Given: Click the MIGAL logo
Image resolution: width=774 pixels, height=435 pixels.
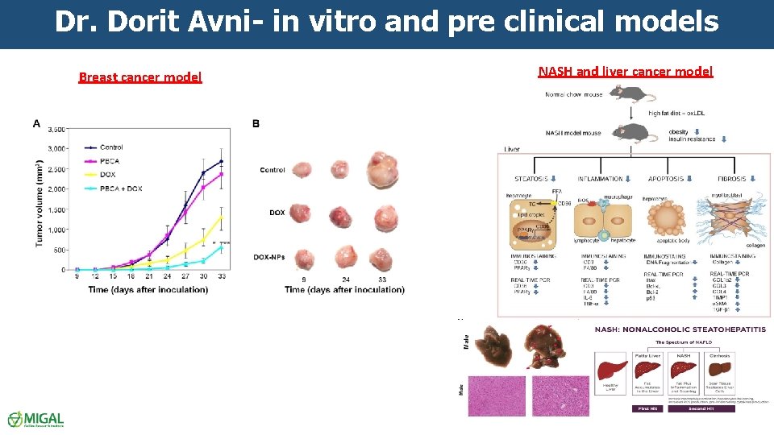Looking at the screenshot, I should pyautogui.click(x=35, y=419).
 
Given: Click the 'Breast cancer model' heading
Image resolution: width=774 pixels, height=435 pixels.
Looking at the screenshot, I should pyautogui.click(x=139, y=77).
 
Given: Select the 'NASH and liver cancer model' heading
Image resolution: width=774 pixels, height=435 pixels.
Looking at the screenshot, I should pyautogui.click(x=625, y=71).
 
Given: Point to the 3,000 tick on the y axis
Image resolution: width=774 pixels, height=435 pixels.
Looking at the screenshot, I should pyautogui.click(x=56, y=149).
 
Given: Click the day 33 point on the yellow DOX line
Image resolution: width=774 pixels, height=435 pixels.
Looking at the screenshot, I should pyautogui.click(x=222, y=216).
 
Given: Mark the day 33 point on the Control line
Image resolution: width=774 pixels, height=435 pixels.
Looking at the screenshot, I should pyautogui.click(x=222, y=161).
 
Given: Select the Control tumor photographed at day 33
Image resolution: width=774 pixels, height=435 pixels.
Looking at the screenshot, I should pyautogui.click(x=381, y=171).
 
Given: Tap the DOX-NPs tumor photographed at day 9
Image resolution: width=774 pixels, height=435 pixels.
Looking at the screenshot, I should pyautogui.click(x=304, y=259).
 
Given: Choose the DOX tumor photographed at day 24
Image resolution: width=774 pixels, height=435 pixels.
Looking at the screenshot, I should pyautogui.click(x=341, y=216).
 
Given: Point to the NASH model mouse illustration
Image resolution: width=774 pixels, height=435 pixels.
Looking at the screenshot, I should pyautogui.click(x=629, y=131).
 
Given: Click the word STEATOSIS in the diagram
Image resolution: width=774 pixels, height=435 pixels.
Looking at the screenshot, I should pyautogui.click(x=531, y=179).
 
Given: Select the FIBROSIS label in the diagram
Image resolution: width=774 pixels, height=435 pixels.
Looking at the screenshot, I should pyautogui.click(x=733, y=179).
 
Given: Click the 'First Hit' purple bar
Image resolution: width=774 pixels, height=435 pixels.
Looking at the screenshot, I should pyautogui.click(x=646, y=409).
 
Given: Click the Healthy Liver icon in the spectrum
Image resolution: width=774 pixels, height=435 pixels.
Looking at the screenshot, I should pyautogui.click(x=610, y=369).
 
